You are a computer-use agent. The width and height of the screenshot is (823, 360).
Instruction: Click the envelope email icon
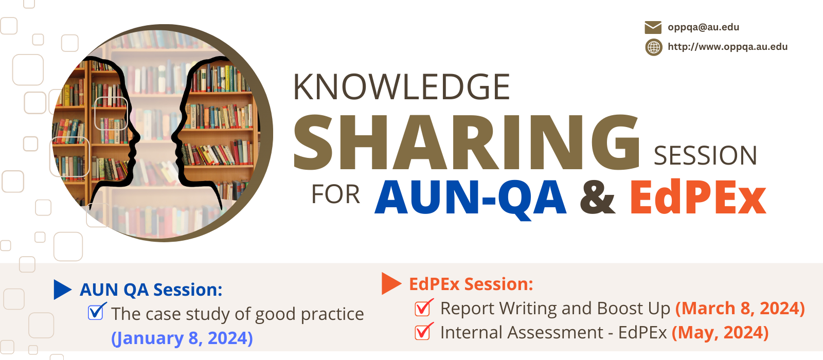(x=653, y=28)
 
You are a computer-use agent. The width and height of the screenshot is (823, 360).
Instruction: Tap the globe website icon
(x=654, y=47)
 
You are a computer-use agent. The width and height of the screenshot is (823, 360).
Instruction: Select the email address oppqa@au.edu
(x=703, y=28)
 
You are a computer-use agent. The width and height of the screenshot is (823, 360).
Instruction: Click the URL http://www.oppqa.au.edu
(x=727, y=47)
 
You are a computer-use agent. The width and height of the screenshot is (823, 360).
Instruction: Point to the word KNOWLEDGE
(x=401, y=87)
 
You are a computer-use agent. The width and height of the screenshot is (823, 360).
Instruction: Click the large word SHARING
(x=467, y=142)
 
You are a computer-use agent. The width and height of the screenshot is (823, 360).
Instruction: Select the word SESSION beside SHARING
(x=705, y=156)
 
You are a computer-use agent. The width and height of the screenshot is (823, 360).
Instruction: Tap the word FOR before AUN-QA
(x=335, y=194)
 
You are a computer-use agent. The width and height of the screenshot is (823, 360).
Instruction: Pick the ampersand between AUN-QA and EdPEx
(x=597, y=197)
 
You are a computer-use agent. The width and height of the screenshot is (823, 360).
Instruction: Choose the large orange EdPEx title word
(x=698, y=197)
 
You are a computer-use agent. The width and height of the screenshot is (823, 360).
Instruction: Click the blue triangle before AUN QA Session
(x=62, y=290)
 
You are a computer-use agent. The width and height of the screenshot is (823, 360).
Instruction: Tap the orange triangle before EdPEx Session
(x=391, y=283)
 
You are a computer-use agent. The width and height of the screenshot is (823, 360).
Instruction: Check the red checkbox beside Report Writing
(x=424, y=308)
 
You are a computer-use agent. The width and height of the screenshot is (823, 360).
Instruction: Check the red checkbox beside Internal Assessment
(x=424, y=331)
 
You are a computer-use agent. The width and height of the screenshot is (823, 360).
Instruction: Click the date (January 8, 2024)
(x=182, y=338)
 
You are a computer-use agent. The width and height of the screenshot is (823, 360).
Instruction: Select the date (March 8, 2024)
(x=740, y=309)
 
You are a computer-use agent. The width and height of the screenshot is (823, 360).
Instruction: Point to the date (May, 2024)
(x=720, y=333)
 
